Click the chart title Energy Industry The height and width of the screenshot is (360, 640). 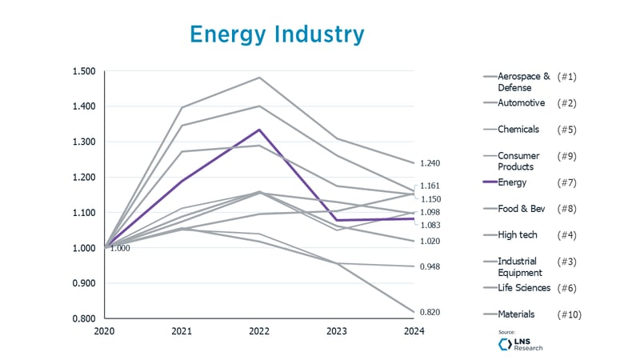coord(276,34)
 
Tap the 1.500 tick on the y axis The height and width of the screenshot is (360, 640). coord(84,71)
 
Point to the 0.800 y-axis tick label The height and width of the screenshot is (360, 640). coord(84,318)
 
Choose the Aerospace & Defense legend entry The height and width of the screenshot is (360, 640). coord(523,82)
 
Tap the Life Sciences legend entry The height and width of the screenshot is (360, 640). coord(524,287)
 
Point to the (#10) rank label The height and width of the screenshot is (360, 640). coord(569,314)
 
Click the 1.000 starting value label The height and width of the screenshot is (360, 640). coord(120,249)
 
